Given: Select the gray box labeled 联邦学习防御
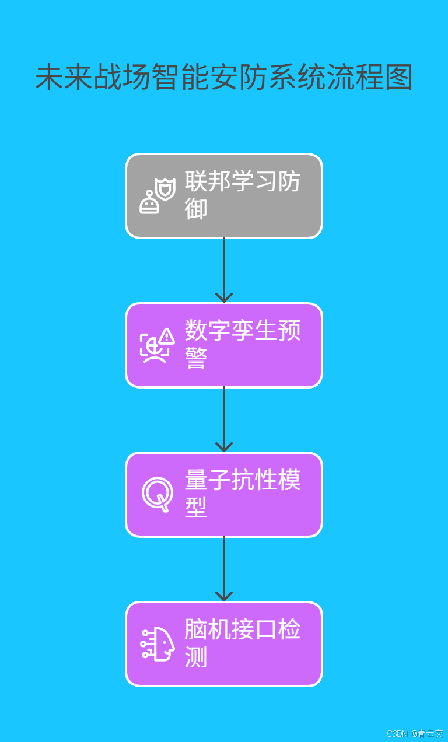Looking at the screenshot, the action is click(x=224, y=196).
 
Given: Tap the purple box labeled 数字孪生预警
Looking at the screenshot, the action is click(x=224, y=345).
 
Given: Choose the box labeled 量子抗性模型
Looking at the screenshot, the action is click(x=224, y=495).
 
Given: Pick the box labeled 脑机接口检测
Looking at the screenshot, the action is click(x=224, y=644).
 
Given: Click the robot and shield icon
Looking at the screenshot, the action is click(x=157, y=197).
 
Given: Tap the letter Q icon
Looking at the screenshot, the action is click(x=157, y=494).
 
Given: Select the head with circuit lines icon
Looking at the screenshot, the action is click(x=157, y=644).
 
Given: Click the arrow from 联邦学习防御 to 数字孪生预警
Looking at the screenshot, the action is click(x=224, y=269).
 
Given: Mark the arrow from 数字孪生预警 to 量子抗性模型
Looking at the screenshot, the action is click(x=224, y=419).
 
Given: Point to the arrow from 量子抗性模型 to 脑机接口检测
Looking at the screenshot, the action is click(x=224, y=568).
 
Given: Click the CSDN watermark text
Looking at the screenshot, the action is click(x=415, y=733).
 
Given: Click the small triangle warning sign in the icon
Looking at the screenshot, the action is click(x=167, y=336).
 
